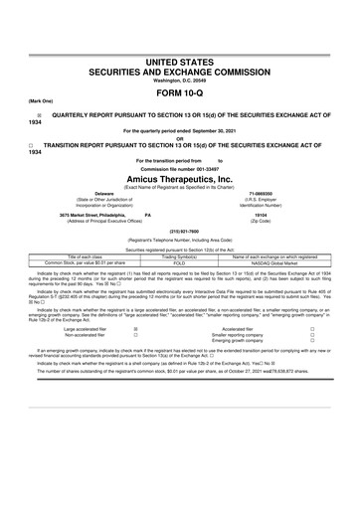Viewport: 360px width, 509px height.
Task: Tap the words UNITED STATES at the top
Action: click(x=180, y=63)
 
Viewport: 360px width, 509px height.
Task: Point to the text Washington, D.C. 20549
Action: click(x=180, y=82)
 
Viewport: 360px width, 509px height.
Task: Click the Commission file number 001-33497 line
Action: click(x=180, y=167)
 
